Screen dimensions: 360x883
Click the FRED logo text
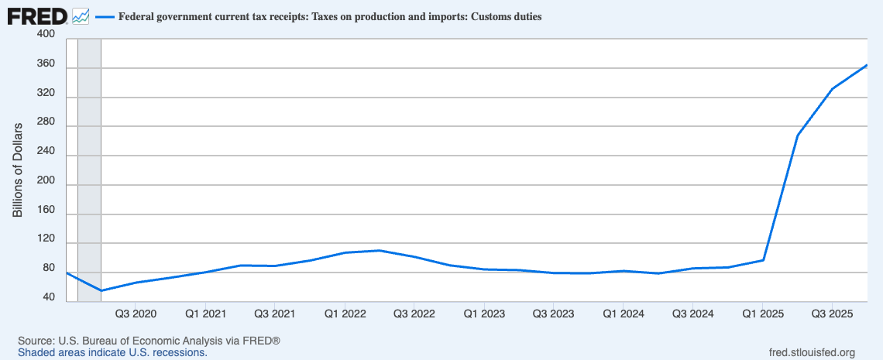36,15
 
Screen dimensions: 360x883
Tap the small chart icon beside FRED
81,15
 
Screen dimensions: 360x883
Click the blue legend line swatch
105,16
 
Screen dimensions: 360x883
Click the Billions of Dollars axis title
18,170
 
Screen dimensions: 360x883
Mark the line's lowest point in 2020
101,291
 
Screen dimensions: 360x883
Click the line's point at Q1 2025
763,260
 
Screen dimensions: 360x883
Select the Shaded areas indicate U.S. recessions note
112,352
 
